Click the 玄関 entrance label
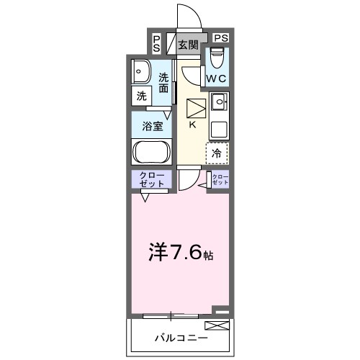tap(188, 45)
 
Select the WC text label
tap(217, 78)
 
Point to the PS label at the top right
tap(221, 38)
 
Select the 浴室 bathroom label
tap(151, 125)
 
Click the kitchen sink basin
tap(218, 100)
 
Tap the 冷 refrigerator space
tap(217, 152)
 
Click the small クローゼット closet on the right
tap(219, 181)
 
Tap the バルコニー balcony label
tap(180, 338)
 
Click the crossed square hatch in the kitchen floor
tap(195, 109)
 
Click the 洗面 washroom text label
tap(165, 83)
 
